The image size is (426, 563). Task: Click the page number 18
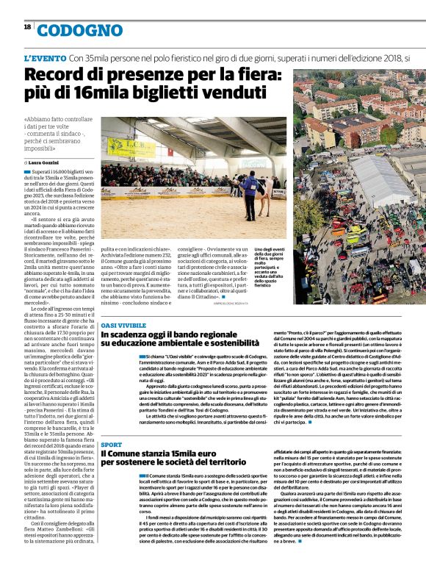click(27, 26)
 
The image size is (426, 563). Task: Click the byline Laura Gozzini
click(51, 161)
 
